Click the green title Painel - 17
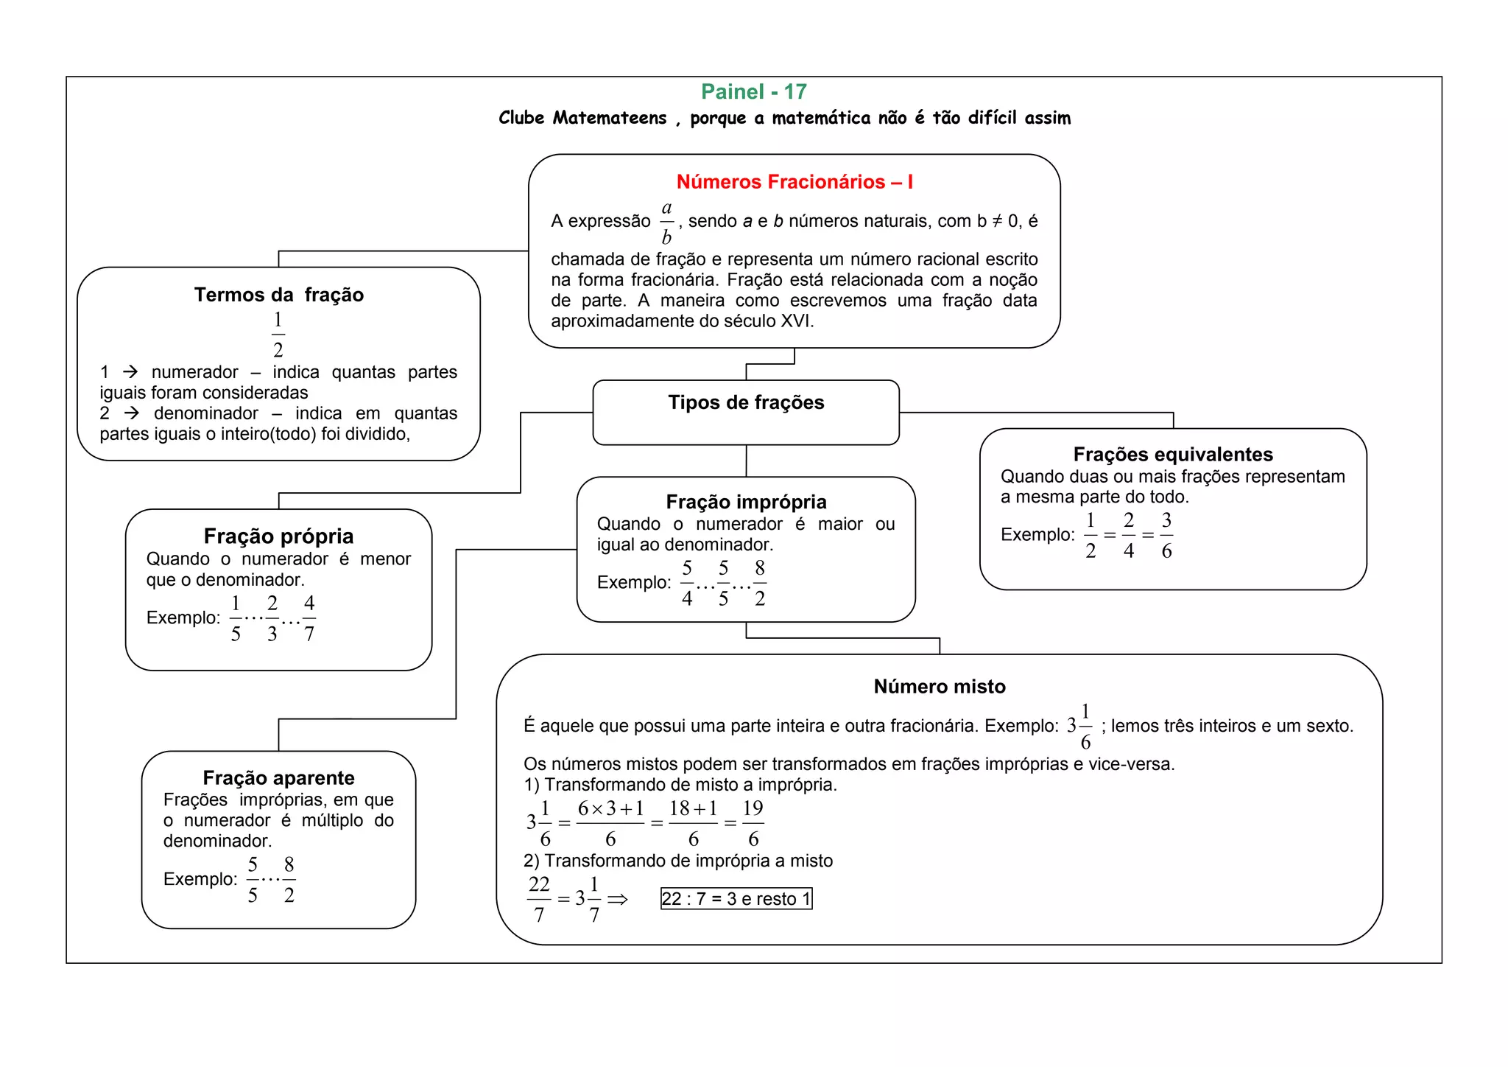[x=753, y=91]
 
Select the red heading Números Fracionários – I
[x=794, y=182]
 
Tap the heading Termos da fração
[x=278, y=295]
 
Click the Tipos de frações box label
[x=746, y=402]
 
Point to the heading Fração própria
[x=278, y=536]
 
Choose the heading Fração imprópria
[x=746, y=502]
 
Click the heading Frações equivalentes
[x=1172, y=454]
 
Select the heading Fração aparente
[x=278, y=777]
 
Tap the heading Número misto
[x=939, y=686]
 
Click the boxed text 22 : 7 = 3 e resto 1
[x=736, y=899]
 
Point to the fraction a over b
[x=666, y=222]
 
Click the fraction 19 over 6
[x=753, y=823]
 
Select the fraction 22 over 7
[x=539, y=899]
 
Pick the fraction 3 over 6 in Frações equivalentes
[x=1166, y=536]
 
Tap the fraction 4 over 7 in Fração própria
[x=309, y=618]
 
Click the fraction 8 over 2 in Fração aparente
[x=289, y=880]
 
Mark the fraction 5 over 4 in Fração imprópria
[x=687, y=583]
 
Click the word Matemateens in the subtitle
[x=610, y=118]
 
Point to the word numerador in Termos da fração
[x=194, y=372]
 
